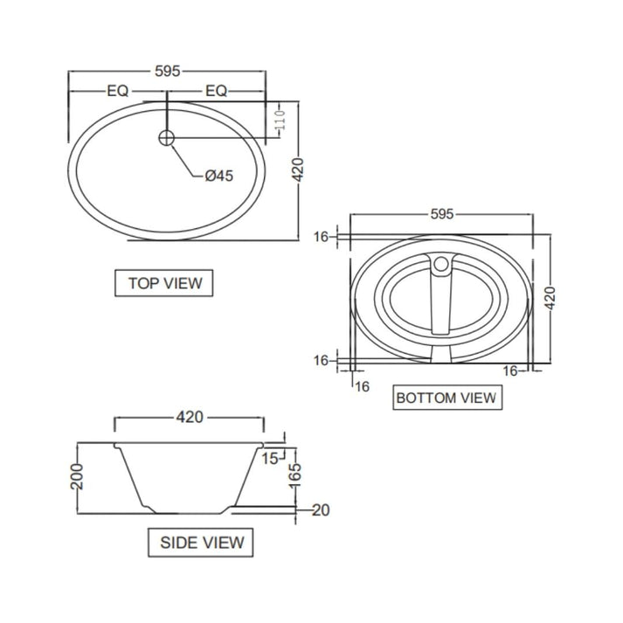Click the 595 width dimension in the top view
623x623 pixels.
(x=166, y=72)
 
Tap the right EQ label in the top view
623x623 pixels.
(x=216, y=90)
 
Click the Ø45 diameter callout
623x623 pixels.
(x=218, y=176)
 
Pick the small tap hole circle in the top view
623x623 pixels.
(x=167, y=136)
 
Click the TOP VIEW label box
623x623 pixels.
(x=164, y=282)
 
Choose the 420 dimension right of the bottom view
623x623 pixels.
(x=550, y=298)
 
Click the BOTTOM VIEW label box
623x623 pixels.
(x=446, y=398)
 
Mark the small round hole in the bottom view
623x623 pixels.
(x=442, y=263)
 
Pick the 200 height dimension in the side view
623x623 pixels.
(x=77, y=477)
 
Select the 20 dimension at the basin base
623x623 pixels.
(x=320, y=510)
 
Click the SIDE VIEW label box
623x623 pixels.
(x=201, y=542)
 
